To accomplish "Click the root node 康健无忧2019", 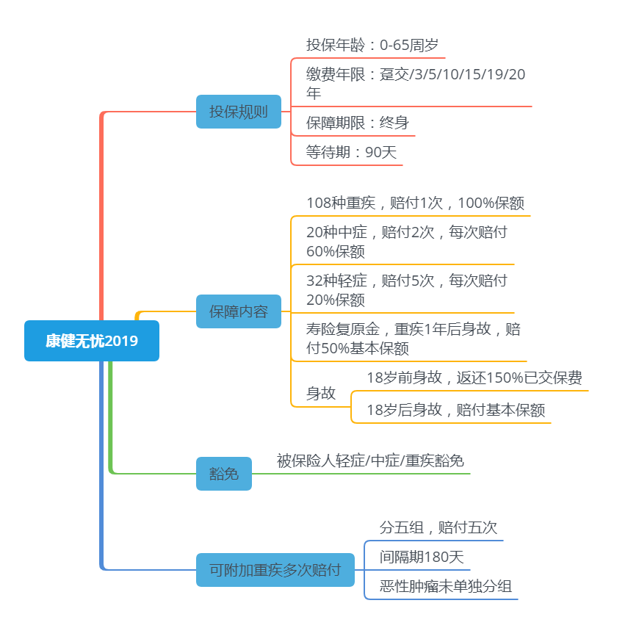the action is tap(92, 341).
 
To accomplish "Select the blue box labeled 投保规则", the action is tap(239, 112).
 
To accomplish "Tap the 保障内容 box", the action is tap(239, 311).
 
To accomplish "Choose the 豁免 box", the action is tap(224, 474).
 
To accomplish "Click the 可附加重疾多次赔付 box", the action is tap(275, 570).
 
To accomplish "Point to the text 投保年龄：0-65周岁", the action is tap(372, 45).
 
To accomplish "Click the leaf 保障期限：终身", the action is tap(358, 123).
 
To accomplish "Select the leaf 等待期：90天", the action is tap(351, 152).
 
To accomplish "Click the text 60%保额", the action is tap(336, 251).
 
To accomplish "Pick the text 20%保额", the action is tap(336, 300).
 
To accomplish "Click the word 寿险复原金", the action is tap(343, 329).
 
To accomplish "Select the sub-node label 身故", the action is tap(321, 393).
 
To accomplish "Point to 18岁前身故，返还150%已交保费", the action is tap(474, 378).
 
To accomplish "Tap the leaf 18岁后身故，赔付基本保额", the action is tap(456, 410).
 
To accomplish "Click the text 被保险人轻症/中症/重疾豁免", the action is tap(370, 461).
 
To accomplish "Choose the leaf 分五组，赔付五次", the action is tap(438, 527).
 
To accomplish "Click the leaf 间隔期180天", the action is tap(422, 557).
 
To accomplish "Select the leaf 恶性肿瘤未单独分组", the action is tap(446, 586).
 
